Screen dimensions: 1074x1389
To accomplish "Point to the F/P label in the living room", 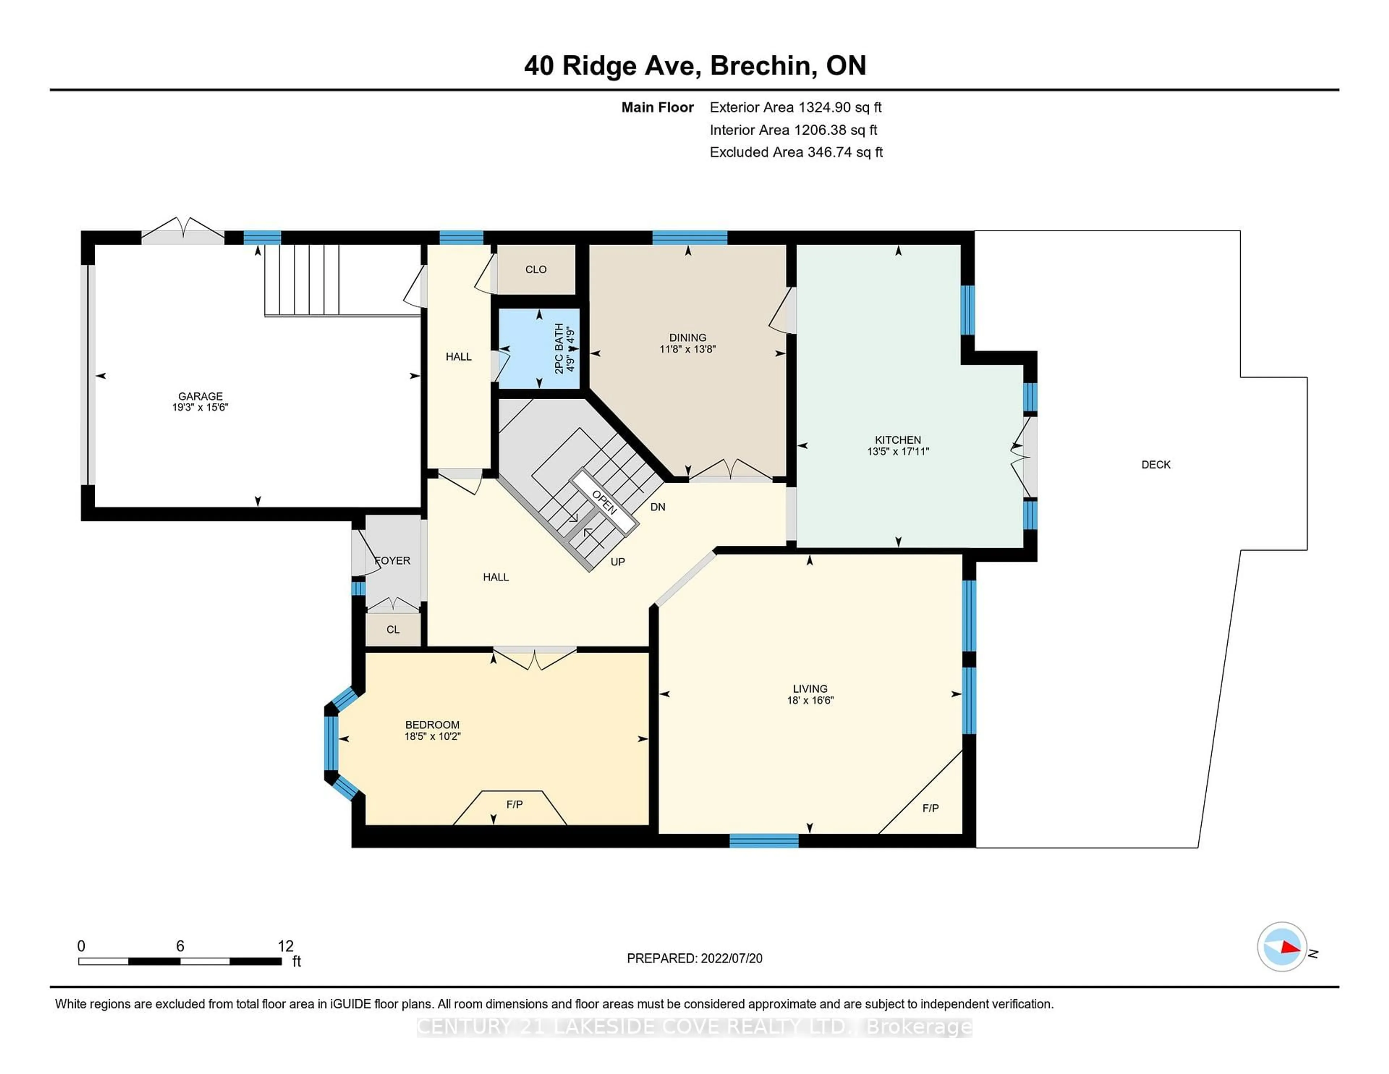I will tap(930, 808).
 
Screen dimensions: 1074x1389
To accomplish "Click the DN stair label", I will tap(658, 507).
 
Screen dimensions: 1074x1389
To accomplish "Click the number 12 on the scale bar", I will tap(285, 946).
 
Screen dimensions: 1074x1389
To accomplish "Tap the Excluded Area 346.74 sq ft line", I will tap(796, 152).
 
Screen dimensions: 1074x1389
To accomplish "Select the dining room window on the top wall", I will tap(689, 237).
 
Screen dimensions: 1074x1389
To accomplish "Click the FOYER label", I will tap(392, 561).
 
